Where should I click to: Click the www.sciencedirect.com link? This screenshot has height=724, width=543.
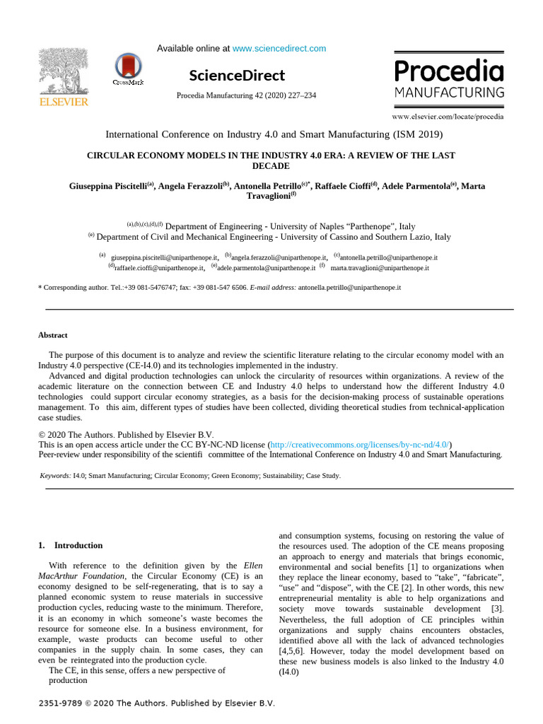pos(279,49)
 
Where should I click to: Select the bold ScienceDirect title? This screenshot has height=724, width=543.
pos(237,76)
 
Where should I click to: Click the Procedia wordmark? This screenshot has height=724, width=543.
pos(448,71)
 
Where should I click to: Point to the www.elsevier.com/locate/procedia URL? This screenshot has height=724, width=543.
pos(448,116)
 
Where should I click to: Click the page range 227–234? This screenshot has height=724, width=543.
pos(301,95)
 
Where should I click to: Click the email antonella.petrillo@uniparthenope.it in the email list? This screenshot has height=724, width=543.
pos(388,258)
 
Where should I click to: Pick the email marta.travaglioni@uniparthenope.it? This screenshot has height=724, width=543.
pos(379,268)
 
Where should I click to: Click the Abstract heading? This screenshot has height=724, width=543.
pos(52,335)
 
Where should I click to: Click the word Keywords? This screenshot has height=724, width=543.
pos(55,476)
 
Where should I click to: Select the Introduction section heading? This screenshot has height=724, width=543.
pos(78,545)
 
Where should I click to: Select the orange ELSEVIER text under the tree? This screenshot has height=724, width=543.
pos(64,103)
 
